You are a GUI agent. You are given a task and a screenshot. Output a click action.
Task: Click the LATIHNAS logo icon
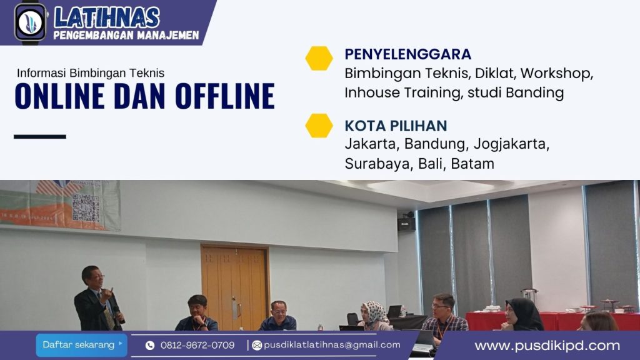coord(30,22)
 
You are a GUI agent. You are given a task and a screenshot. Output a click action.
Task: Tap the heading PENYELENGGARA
coord(407,54)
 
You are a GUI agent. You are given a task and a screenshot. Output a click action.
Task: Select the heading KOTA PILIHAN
coord(396,126)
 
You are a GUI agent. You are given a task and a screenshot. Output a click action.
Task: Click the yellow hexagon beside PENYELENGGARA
coord(319,58)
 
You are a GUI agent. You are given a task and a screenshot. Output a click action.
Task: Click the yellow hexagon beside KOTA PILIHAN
coord(319,125)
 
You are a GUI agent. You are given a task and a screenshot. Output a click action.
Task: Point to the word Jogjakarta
coord(511,144)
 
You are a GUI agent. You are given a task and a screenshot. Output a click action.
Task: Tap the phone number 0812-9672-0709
coord(197,345)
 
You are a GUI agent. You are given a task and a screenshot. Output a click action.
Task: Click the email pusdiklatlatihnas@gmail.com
coord(332,344)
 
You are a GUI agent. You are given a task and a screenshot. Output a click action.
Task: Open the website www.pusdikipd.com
coord(547,346)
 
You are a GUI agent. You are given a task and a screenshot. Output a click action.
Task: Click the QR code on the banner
coord(86,207)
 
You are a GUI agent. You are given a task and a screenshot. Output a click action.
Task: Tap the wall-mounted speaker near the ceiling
coord(406,223)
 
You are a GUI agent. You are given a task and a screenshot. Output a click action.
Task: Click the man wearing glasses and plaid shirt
coord(444,314)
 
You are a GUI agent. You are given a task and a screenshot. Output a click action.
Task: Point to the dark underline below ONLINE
coord(39,136)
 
